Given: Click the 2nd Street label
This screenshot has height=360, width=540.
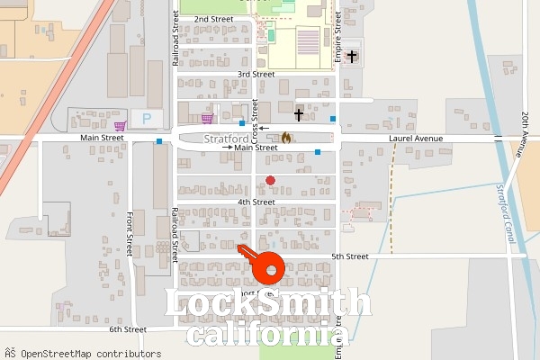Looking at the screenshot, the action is click(213, 19).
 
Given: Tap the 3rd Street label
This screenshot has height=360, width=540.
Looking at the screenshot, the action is click(256, 74).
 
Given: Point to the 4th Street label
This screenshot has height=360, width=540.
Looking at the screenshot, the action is click(256, 202).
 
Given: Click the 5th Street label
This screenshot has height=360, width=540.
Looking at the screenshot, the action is click(350, 256).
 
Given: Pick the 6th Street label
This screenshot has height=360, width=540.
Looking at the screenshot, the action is click(128, 329).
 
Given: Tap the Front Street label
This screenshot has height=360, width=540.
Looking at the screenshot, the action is click(130, 234).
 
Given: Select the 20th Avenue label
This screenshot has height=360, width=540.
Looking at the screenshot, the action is click(523, 133).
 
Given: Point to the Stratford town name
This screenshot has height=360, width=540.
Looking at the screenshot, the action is click(226, 139).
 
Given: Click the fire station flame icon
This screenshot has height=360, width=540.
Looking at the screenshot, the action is click(286, 139).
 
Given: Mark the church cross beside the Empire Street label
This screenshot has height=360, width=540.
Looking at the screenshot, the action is click(351, 57).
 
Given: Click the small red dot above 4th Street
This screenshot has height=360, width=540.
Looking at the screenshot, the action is click(270, 181).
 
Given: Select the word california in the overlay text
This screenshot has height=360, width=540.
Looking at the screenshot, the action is click(268, 335).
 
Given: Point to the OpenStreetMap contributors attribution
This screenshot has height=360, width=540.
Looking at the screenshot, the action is click(83, 354).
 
